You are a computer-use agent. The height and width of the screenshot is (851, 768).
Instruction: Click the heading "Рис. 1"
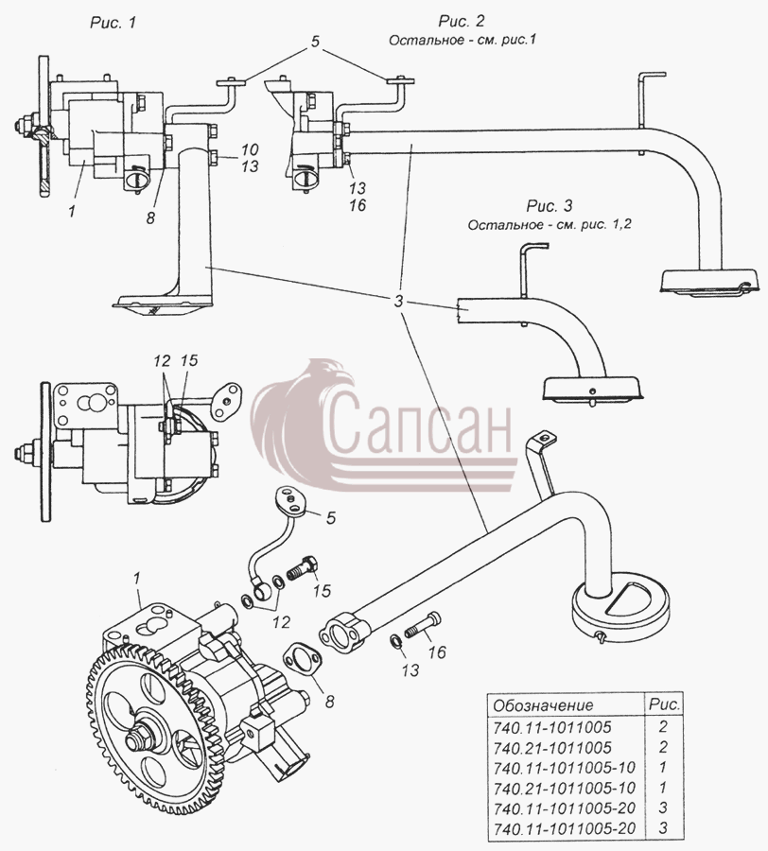coord(112,23)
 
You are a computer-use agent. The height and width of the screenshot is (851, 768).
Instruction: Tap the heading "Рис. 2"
coord(461,21)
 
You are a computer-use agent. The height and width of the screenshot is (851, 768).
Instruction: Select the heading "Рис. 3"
coord(550,206)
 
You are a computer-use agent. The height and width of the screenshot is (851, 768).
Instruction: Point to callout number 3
coord(399,302)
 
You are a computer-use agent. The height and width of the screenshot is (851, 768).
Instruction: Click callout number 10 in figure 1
coord(251,149)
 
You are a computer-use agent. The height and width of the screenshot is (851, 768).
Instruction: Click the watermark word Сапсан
coord(419,424)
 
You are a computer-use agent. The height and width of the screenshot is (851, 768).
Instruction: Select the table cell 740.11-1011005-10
coord(565,768)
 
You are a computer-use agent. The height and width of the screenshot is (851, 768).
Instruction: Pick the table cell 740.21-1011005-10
coord(565,788)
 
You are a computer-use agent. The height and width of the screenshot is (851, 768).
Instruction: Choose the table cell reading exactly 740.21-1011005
coord(552,747)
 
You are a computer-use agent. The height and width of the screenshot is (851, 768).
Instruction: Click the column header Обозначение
coord(543,705)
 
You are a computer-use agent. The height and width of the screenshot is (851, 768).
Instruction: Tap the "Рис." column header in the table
coord(664,704)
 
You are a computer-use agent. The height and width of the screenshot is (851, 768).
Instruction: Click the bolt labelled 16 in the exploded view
coord(425,625)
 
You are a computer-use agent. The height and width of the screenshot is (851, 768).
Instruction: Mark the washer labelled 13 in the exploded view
coord(395,640)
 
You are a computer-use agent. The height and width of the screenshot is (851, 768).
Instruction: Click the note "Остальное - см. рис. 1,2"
coord(550,224)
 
